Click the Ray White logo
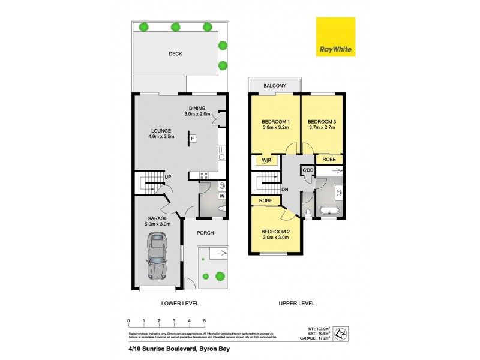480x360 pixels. [x=335, y=37]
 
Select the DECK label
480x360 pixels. [x=175, y=54]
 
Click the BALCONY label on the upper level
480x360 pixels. [x=275, y=86]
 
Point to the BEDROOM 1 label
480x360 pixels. [x=275, y=123]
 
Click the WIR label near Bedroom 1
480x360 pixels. [x=266, y=160]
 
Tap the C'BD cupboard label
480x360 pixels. [x=308, y=170]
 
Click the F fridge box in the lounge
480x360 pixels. [x=193, y=140]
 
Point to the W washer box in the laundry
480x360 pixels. [x=221, y=196]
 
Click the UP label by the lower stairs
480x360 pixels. [x=169, y=177]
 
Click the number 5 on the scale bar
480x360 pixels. [x=205, y=321]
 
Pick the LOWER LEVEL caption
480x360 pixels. [x=180, y=304]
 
